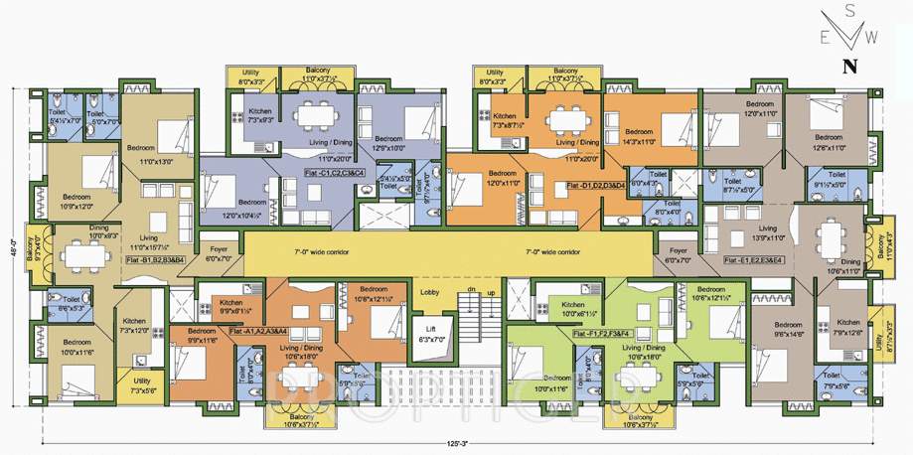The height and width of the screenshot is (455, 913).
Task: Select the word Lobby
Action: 429,293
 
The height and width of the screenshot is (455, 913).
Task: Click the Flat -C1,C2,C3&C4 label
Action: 335,173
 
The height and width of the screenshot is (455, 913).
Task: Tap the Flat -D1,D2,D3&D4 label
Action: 595,186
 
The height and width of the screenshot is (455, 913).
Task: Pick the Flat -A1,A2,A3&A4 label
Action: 257,330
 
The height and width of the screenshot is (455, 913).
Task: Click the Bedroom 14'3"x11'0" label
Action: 639,137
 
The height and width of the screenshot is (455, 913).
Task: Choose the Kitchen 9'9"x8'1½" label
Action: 230,305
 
